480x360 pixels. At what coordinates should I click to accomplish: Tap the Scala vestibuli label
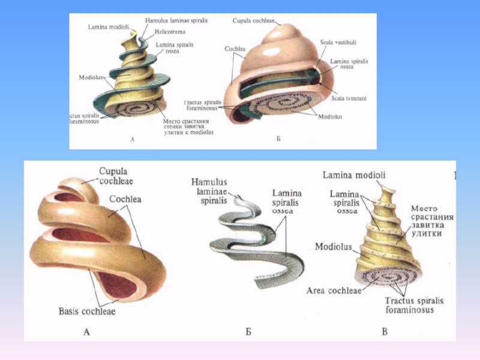(x=338, y=43)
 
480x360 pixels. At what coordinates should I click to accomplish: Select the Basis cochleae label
(x=87, y=311)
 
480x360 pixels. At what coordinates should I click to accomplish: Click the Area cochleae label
(x=334, y=290)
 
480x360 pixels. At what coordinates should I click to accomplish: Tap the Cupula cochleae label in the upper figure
(x=254, y=20)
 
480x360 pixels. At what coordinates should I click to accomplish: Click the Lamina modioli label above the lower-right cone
(x=354, y=175)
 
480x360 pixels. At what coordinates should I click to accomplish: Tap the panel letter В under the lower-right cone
(x=384, y=331)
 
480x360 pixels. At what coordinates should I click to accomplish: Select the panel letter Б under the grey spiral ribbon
(x=248, y=331)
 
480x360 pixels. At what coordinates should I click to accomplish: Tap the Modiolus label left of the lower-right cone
(x=332, y=247)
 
